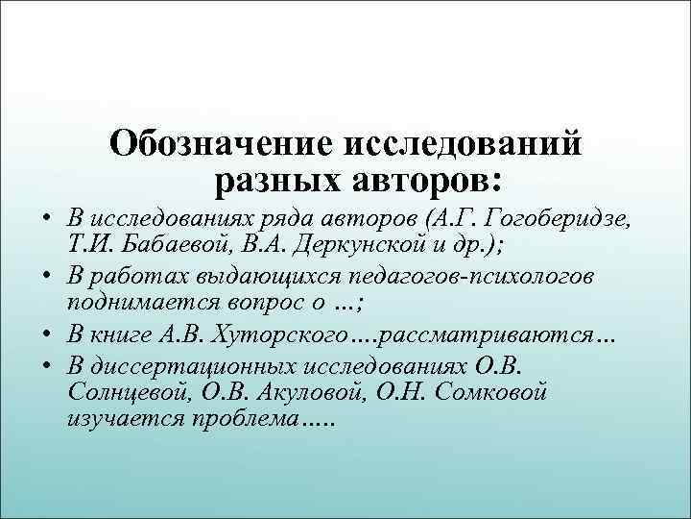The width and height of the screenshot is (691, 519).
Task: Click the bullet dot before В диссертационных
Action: [x=47, y=368]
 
